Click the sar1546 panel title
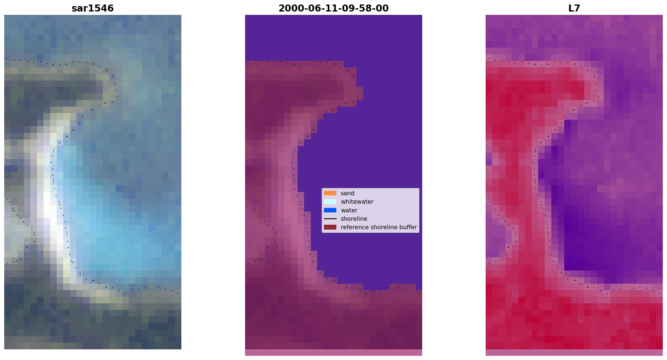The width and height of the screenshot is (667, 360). pyautogui.click(x=93, y=8)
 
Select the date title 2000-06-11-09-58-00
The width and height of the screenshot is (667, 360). pyautogui.click(x=333, y=8)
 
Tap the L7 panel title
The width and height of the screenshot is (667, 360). pyautogui.click(x=574, y=8)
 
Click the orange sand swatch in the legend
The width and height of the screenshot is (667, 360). pyautogui.click(x=330, y=193)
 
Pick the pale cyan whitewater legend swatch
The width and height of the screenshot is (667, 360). pyautogui.click(x=330, y=201)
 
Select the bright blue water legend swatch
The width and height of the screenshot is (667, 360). pyautogui.click(x=330, y=210)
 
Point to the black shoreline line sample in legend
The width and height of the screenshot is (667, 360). pyautogui.click(x=330, y=219)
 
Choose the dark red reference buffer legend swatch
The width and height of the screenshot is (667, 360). pyautogui.click(x=330, y=227)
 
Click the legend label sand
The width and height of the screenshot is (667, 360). pyautogui.click(x=348, y=193)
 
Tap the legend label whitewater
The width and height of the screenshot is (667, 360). pyautogui.click(x=357, y=202)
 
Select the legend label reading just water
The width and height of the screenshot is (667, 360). pyautogui.click(x=349, y=210)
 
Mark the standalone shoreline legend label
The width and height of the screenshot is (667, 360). pyautogui.click(x=354, y=219)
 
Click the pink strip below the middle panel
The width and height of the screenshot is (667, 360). pyautogui.click(x=333, y=352)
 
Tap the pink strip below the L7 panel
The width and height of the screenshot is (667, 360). pyautogui.click(x=574, y=352)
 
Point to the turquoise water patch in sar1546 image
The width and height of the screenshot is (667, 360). pyautogui.click(x=118, y=239)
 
